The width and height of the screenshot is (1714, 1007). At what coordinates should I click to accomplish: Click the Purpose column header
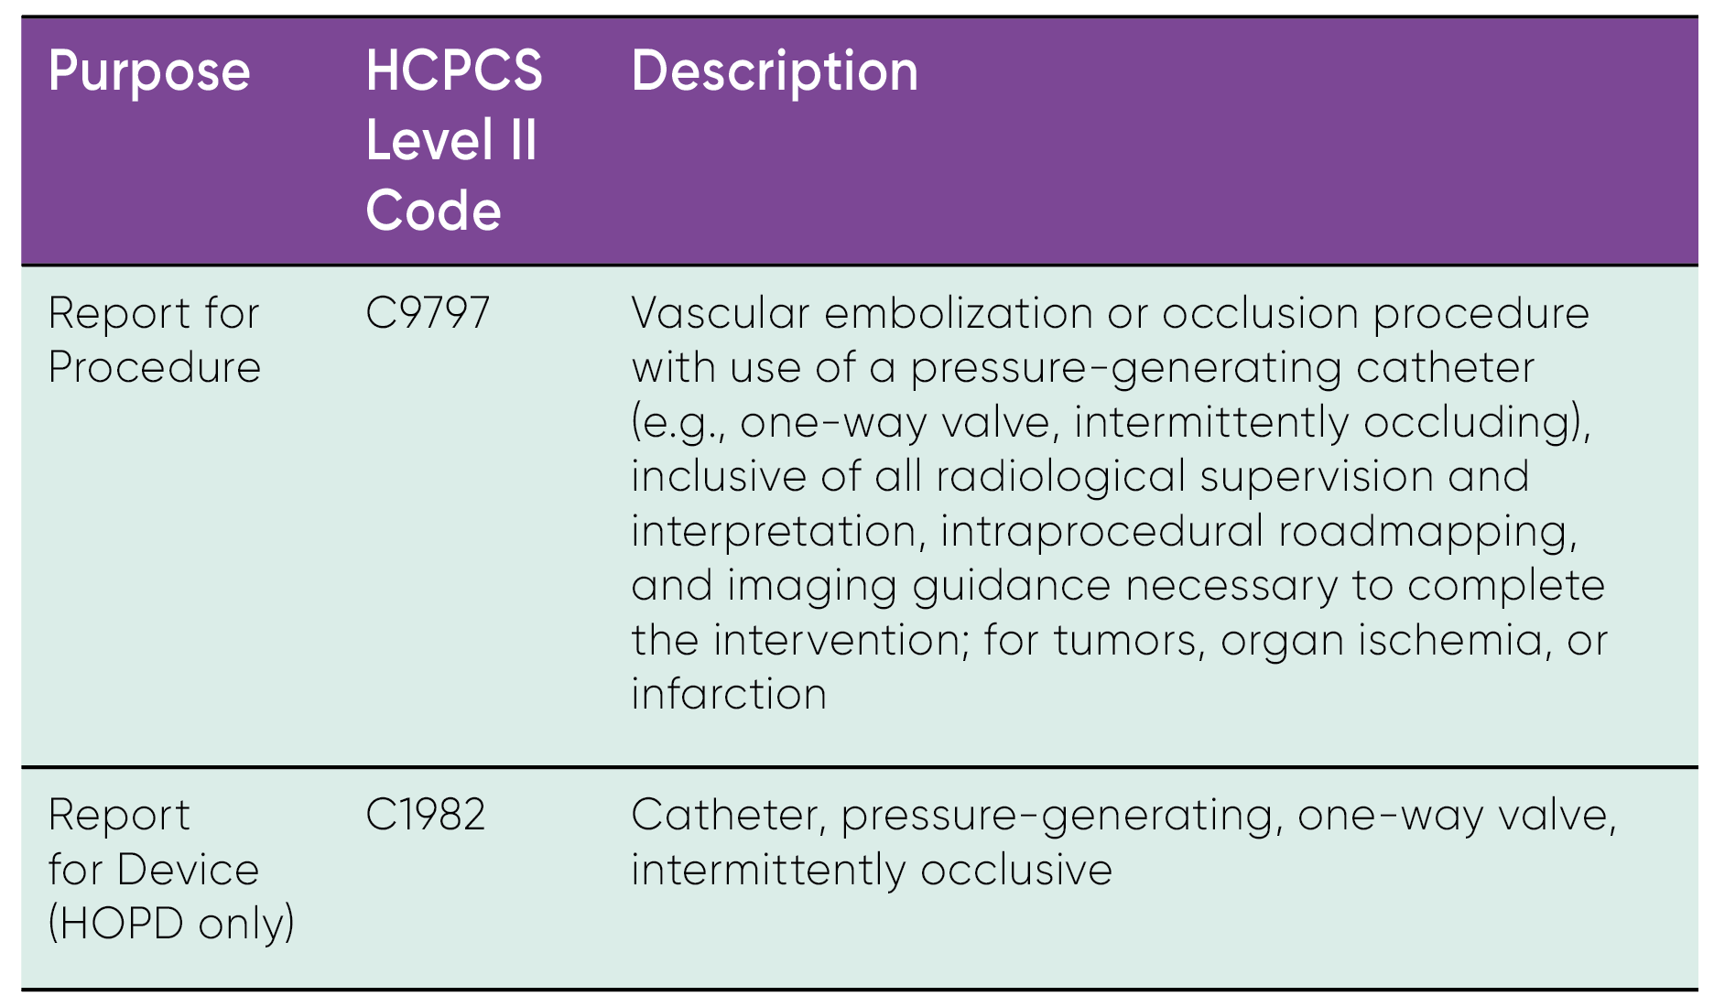148,72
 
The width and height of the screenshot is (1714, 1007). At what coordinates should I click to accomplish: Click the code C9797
428,313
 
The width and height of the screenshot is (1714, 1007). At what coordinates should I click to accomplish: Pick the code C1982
425,815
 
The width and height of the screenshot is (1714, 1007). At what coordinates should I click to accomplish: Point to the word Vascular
721,313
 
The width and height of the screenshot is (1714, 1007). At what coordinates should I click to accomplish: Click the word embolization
959,313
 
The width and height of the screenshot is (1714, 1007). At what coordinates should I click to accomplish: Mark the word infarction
729,694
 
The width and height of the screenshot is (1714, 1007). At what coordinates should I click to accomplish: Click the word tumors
1125,641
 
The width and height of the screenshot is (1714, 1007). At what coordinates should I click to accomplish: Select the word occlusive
1016,870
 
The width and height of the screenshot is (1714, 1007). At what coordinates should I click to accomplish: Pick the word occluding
1475,423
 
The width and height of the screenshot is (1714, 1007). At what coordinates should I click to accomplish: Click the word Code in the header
433,211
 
